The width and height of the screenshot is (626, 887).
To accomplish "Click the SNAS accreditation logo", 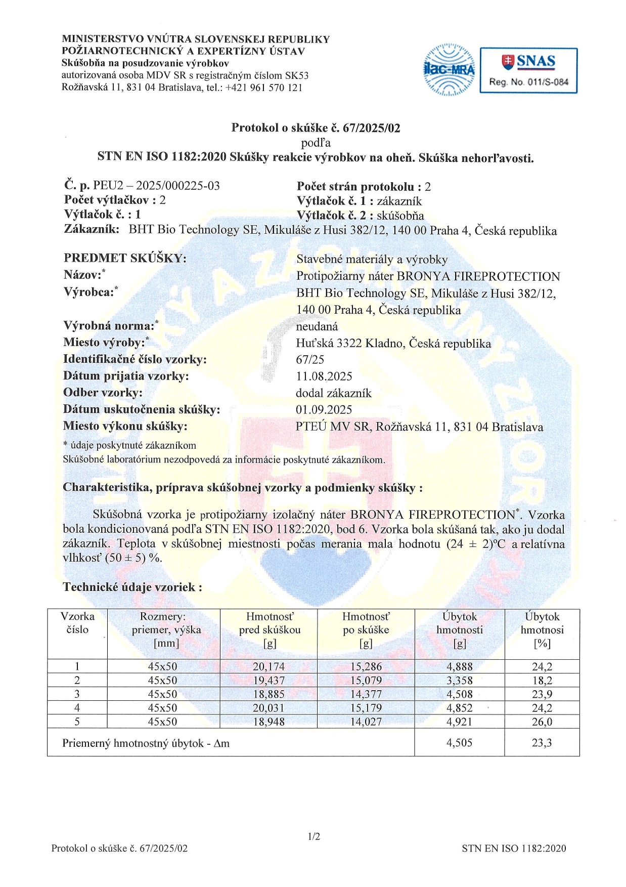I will coord(528,70).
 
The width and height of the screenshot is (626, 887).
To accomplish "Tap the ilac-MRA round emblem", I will coord(449,70).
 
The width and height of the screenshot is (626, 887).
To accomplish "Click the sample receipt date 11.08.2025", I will coord(324,376).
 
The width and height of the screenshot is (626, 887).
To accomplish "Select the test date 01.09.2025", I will coord(324,410).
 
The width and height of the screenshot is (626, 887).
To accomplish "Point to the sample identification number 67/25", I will coord(310,360).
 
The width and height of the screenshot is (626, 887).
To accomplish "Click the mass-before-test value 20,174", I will coord(269,667).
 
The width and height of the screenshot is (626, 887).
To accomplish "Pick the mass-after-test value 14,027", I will coord(366,722).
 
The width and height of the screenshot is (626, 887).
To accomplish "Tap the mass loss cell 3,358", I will coord(459,681).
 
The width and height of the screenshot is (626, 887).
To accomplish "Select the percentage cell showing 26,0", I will coord(542,722).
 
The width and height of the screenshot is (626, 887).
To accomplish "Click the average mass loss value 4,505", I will coord(459,743).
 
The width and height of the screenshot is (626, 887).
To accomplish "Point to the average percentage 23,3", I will coord(542,743).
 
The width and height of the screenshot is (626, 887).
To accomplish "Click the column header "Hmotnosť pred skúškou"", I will coord(269,630).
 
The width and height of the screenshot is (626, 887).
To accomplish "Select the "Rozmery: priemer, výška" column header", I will coord(163,630).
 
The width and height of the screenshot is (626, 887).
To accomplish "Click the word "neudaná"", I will coord(317,326).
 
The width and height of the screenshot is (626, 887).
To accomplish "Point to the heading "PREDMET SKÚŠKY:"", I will coord(125,258).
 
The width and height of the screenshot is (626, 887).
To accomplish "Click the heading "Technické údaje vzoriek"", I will coord(132,587).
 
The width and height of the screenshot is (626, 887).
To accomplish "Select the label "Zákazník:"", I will coord(92,229).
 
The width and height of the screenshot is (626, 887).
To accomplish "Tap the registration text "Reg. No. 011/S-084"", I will coord(528,82).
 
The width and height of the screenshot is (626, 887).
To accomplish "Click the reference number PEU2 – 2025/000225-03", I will coord(156,186).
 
